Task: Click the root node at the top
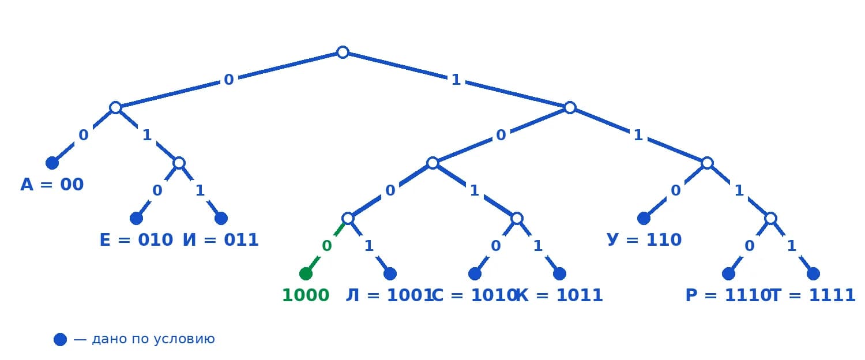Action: coord(343,52)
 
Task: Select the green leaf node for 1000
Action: coord(306,273)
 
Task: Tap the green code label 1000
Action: coord(306,295)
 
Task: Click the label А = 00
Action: coord(52,185)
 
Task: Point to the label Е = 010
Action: coord(136,240)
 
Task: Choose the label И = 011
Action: coord(220,240)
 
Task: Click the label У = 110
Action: coord(644,240)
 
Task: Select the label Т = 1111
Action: coord(813,295)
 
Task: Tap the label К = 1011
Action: coord(559,295)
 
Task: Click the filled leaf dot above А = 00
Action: coord(52,163)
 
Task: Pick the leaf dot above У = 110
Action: coord(644,218)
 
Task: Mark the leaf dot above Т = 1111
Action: coord(813,273)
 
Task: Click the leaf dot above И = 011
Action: coord(221,218)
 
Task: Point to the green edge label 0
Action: coord(327,246)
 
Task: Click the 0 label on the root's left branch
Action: coord(228,80)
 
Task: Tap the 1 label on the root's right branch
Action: coord(456,80)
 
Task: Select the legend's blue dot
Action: coord(60,340)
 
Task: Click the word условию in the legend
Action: coord(184,339)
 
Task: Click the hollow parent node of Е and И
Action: coord(179,163)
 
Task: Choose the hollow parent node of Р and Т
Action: coord(770,218)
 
